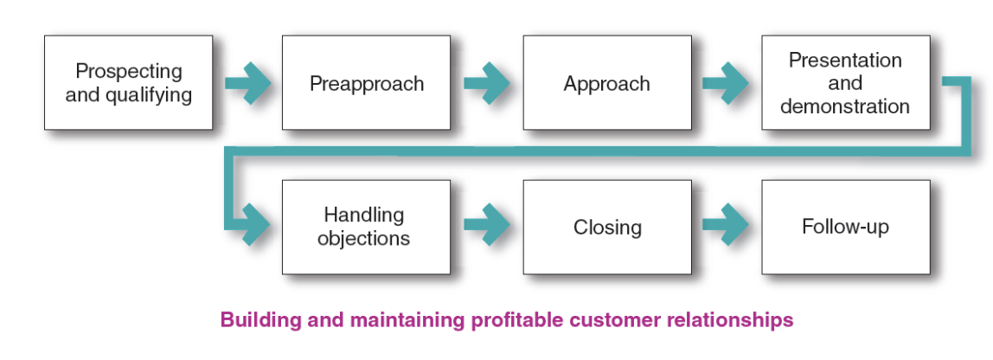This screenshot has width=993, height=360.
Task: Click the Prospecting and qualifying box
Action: (x=128, y=83)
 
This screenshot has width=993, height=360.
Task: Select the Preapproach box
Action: (x=366, y=83)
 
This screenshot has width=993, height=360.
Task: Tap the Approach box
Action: (x=606, y=83)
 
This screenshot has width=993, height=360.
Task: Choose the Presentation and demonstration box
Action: (x=845, y=83)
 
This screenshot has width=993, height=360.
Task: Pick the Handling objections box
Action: (x=366, y=227)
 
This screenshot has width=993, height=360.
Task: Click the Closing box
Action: (x=606, y=227)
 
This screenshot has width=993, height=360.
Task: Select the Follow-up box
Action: (x=845, y=227)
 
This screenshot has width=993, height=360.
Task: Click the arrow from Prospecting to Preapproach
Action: (x=247, y=83)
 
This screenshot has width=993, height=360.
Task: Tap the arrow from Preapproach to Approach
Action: (x=486, y=83)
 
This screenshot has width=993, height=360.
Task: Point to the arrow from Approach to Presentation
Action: (x=726, y=83)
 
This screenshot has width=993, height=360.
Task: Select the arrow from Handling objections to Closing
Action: (x=486, y=227)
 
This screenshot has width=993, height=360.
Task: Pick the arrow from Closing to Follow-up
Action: (x=726, y=227)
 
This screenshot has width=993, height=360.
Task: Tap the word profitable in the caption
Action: (x=510, y=320)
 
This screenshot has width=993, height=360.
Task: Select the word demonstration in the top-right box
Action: (x=845, y=107)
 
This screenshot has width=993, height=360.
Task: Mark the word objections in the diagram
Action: (x=363, y=238)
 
